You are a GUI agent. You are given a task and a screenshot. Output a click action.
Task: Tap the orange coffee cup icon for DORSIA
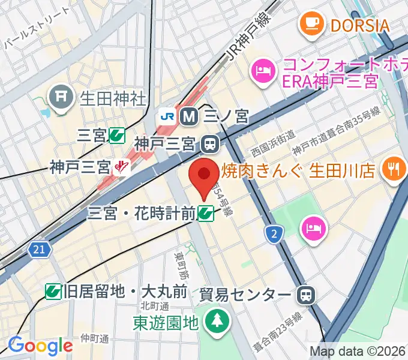pyautogui.click(x=310, y=24)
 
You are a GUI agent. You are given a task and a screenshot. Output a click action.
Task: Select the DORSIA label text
pyautogui.click(x=359, y=25)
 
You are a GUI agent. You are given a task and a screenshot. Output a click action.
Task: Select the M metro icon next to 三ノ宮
pyautogui.click(x=189, y=116)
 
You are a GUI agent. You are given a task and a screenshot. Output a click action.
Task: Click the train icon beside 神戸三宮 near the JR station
pyautogui.click(x=210, y=144)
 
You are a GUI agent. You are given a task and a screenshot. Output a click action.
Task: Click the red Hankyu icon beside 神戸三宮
pyautogui.click(x=122, y=166)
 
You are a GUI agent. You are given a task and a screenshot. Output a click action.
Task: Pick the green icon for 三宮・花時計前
pyautogui.click(x=206, y=212)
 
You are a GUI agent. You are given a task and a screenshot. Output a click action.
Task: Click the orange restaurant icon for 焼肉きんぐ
pyautogui.click(x=394, y=169)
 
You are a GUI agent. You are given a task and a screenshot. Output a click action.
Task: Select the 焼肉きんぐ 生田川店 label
pyautogui.click(x=298, y=170)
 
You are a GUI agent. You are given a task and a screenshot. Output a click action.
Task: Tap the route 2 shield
pyautogui.click(x=274, y=233)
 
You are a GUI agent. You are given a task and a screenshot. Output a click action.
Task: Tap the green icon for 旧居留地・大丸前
pyautogui.click(x=53, y=292)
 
